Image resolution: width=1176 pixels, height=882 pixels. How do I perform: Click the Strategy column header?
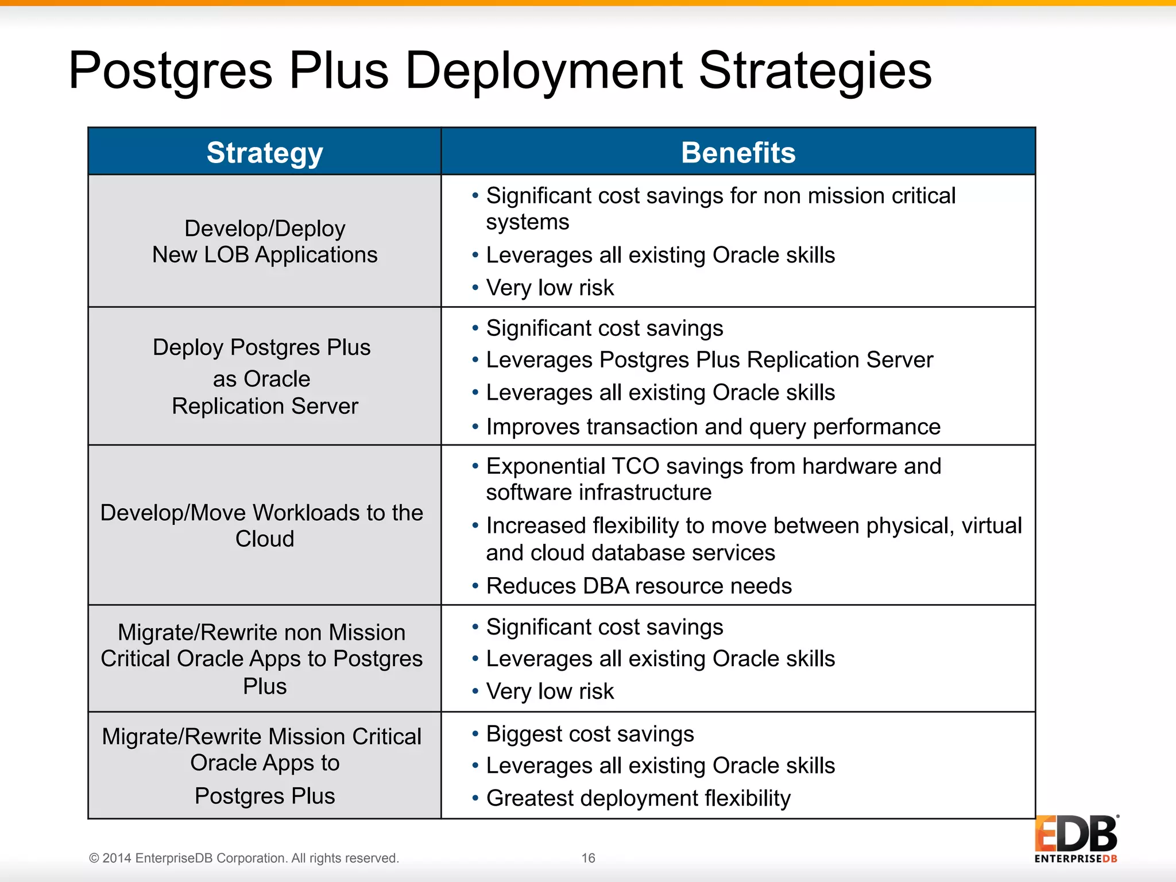(265, 153)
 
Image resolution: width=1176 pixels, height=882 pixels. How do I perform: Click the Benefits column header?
(738, 153)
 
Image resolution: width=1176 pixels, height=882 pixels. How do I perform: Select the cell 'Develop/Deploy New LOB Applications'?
(265, 242)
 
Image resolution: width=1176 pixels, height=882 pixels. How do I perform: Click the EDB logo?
(1076, 838)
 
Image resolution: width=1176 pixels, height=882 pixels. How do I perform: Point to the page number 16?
(588, 858)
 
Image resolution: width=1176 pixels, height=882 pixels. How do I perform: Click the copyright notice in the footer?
(243, 858)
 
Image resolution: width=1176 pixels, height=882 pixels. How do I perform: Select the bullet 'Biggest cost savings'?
(590, 734)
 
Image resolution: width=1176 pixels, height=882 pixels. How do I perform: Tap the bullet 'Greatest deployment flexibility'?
(638, 798)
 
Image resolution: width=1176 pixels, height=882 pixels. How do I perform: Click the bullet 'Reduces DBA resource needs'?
(639, 586)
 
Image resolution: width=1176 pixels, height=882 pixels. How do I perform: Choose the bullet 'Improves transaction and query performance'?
(713, 427)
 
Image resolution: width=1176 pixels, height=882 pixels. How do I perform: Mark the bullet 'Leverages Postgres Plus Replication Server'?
(710, 360)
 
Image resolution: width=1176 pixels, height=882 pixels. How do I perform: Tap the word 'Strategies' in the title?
(815, 71)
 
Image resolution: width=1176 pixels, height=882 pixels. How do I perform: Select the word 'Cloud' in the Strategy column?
(265, 539)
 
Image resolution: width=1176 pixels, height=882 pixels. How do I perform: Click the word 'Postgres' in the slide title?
(171, 71)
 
